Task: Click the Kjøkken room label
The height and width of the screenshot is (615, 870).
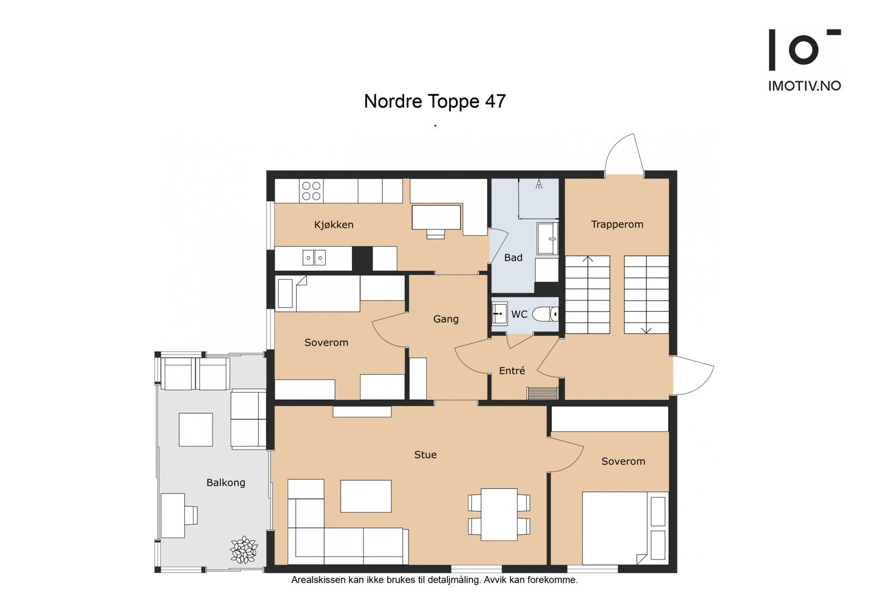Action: click(334, 225)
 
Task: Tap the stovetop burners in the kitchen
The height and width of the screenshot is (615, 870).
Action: click(312, 191)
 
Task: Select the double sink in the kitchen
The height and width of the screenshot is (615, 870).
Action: click(314, 257)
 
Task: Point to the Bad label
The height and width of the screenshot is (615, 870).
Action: click(513, 257)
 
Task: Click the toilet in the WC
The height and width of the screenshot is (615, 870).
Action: click(545, 314)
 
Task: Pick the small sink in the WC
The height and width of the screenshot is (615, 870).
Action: click(500, 313)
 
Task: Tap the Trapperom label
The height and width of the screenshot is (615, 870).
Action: click(617, 224)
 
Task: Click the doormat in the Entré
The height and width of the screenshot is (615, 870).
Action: click(543, 393)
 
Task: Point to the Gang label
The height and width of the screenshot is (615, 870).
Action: click(446, 319)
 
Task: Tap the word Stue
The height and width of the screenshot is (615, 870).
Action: click(425, 455)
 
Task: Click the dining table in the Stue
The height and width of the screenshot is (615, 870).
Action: click(499, 514)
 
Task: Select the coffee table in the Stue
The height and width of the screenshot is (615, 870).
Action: click(366, 496)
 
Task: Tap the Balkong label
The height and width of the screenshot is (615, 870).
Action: click(226, 482)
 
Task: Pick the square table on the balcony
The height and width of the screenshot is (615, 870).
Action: click(196, 429)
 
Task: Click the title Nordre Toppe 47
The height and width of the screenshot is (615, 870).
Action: click(434, 101)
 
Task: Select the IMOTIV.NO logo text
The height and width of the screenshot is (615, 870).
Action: click(804, 86)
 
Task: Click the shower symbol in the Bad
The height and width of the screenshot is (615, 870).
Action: click(539, 184)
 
